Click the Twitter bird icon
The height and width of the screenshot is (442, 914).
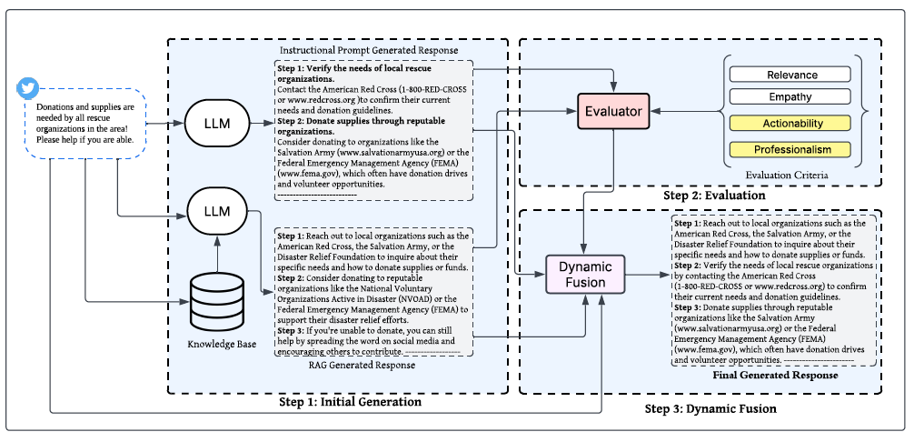pyautogui.click(x=28, y=88)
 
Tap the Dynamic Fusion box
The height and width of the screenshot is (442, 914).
pyautogui.click(x=585, y=274)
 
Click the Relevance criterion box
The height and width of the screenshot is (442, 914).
pyautogui.click(x=790, y=75)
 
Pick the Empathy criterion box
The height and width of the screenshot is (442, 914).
pyautogui.click(x=790, y=96)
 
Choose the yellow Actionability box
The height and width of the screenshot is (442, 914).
pyautogui.click(x=790, y=123)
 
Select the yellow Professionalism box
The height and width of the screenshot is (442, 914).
pyautogui.click(x=790, y=149)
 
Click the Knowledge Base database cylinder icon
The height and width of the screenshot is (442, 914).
pyautogui.click(x=217, y=302)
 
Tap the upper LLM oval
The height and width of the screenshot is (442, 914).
pyautogui.click(x=217, y=124)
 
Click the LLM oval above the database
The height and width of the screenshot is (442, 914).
pyautogui.click(x=217, y=210)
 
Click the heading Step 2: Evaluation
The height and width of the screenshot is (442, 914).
pyautogui.click(x=714, y=196)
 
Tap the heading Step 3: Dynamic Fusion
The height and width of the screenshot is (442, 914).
pyautogui.click(x=710, y=408)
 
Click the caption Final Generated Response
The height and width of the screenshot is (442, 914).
pyautogui.click(x=775, y=375)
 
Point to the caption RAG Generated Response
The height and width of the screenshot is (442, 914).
pyautogui.click(x=362, y=365)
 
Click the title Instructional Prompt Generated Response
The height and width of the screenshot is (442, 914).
pyautogui.click(x=369, y=50)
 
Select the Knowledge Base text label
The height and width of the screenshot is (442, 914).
pyautogui.click(x=222, y=344)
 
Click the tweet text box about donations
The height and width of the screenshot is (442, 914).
pyautogui.click(x=85, y=124)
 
